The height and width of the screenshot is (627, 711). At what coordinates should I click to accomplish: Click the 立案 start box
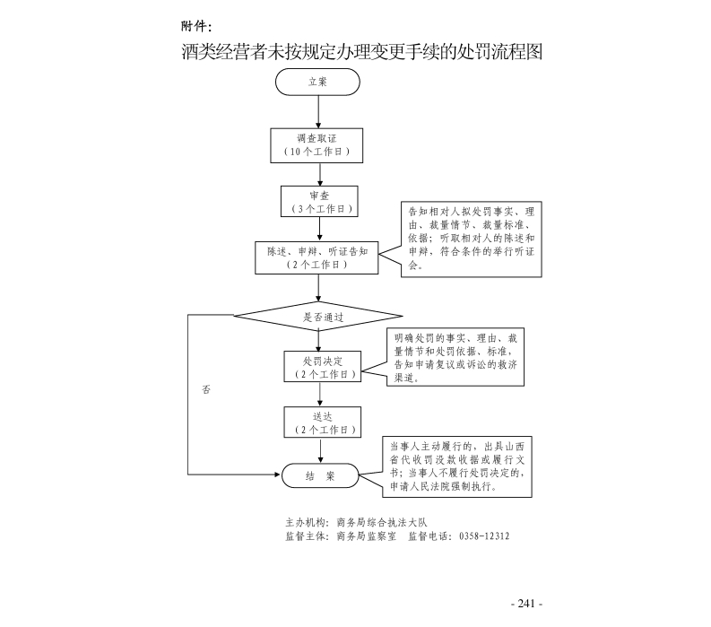pos(318,82)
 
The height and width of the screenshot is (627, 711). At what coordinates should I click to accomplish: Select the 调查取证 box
pos(317,145)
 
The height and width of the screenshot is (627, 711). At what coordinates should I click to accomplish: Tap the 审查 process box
pos(318,201)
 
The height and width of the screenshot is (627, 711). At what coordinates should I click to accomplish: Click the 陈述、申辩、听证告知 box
pos(317,257)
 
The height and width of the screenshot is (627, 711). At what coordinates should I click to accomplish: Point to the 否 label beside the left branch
pos(206,390)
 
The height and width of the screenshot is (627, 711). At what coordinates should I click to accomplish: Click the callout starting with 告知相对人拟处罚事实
pos(470,239)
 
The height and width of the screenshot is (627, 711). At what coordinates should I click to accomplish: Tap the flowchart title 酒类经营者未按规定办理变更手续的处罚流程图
pos(362,51)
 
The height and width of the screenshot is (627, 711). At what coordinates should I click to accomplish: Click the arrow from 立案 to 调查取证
pos(318,111)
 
